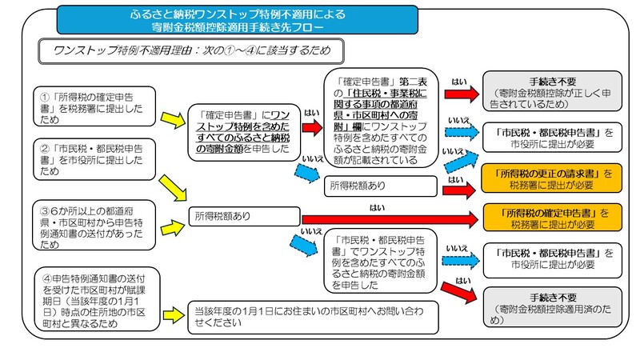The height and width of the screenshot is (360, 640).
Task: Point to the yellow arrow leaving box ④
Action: point(169,308)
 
